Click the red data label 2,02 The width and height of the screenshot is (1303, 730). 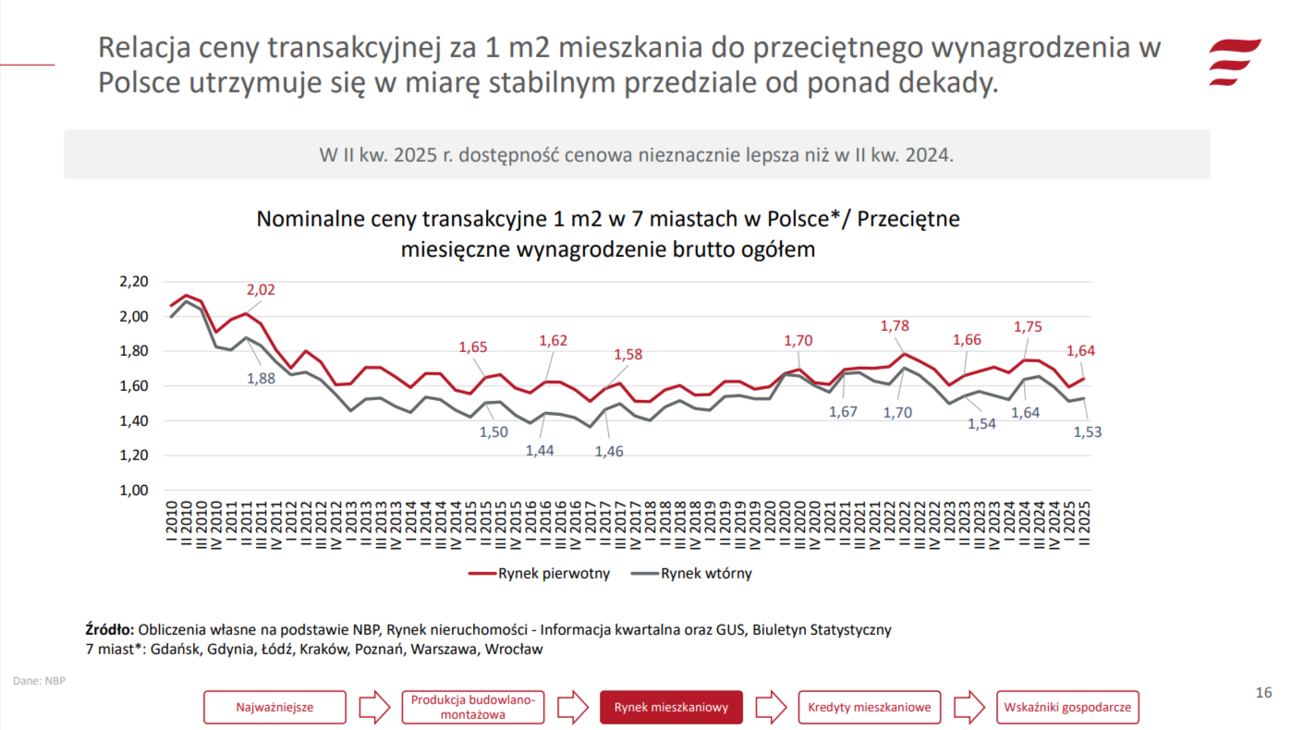261,290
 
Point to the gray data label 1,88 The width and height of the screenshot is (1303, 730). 261,378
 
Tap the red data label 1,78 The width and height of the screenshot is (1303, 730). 895,326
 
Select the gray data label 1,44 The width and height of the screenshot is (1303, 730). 541,450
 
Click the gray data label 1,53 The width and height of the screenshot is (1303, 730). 1088,432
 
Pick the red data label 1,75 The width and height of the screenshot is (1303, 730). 1029,326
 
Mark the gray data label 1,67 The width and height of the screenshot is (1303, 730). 843,412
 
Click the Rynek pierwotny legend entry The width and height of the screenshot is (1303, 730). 540,573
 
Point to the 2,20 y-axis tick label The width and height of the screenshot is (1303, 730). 134,282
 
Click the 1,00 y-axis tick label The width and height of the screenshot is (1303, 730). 134,491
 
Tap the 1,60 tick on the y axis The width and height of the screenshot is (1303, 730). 134,386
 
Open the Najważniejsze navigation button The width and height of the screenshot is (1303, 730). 275,708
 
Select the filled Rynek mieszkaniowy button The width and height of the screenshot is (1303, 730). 672,708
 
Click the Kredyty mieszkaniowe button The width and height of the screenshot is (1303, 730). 870,708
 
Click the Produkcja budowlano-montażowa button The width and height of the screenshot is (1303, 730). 473,708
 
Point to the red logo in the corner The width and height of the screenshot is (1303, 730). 1235,62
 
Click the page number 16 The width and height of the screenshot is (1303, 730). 1263,693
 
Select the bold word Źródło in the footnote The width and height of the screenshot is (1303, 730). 110,629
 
